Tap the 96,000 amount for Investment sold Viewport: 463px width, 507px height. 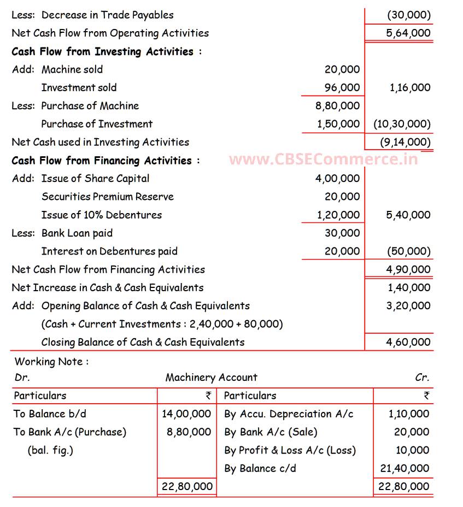point(342,87)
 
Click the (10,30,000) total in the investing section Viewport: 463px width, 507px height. point(402,124)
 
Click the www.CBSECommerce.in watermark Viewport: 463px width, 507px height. point(324,160)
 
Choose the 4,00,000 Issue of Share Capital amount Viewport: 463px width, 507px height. point(338,179)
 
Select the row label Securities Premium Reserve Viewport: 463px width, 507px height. point(108,197)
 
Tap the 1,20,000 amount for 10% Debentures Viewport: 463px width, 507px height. point(338,215)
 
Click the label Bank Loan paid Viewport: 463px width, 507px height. point(77,233)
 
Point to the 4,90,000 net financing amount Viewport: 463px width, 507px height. point(408,269)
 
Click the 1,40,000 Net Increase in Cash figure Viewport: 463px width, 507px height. point(408,287)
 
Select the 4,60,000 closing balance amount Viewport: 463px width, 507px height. point(408,342)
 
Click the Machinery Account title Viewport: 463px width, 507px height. point(211,377)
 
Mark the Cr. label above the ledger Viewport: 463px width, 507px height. point(422,377)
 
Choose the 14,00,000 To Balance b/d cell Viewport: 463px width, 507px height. point(186,414)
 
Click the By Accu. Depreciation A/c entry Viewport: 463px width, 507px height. point(289,414)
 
